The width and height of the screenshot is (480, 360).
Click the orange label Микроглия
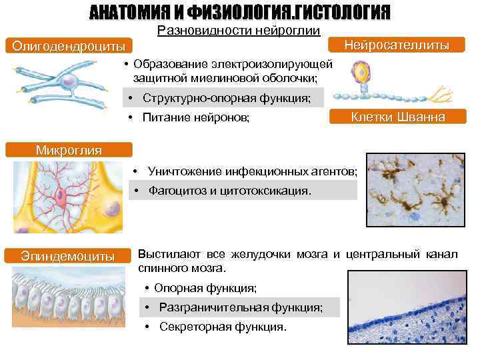(69, 149)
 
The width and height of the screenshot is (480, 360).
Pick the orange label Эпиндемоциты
(67, 256)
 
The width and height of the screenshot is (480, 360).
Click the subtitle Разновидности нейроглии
(238, 31)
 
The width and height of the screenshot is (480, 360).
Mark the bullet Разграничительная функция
(240, 307)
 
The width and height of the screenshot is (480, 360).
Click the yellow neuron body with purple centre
(364, 71)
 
